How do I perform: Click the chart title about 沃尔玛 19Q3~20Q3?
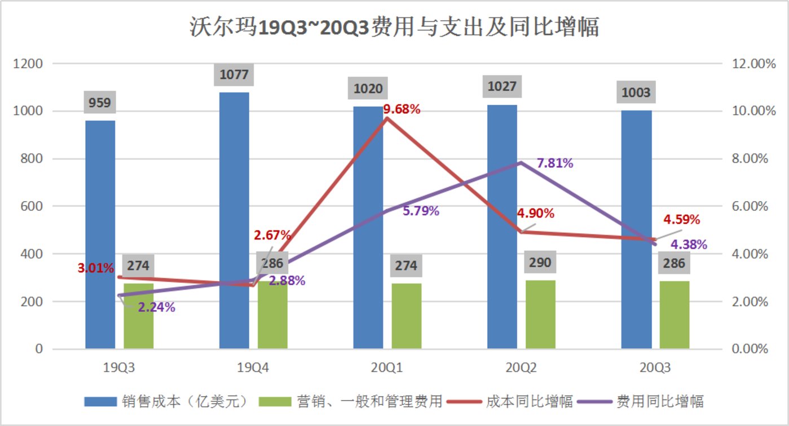(394, 27)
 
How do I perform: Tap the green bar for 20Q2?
(540, 314)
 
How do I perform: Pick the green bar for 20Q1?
(407, 316)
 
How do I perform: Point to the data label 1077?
(234, 74)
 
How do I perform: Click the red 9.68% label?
(402, 109)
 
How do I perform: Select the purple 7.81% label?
(555, 163)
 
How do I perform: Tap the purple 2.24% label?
(156, 307)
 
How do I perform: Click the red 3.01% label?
(96, 268)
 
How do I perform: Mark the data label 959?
(100, 103)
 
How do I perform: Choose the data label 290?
(540, 263)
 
